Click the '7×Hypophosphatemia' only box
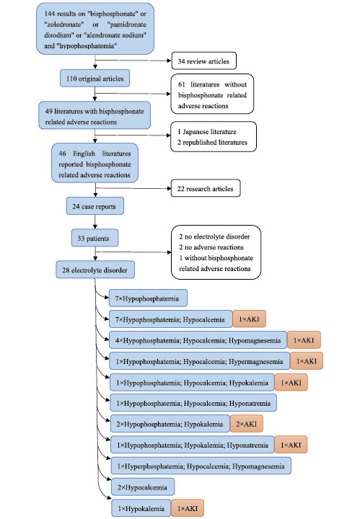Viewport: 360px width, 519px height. click(x=147, y=297)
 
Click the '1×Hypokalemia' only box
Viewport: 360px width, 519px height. click(x=139, y=509)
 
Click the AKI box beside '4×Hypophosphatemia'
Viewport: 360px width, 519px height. click(x=303, y=339)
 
